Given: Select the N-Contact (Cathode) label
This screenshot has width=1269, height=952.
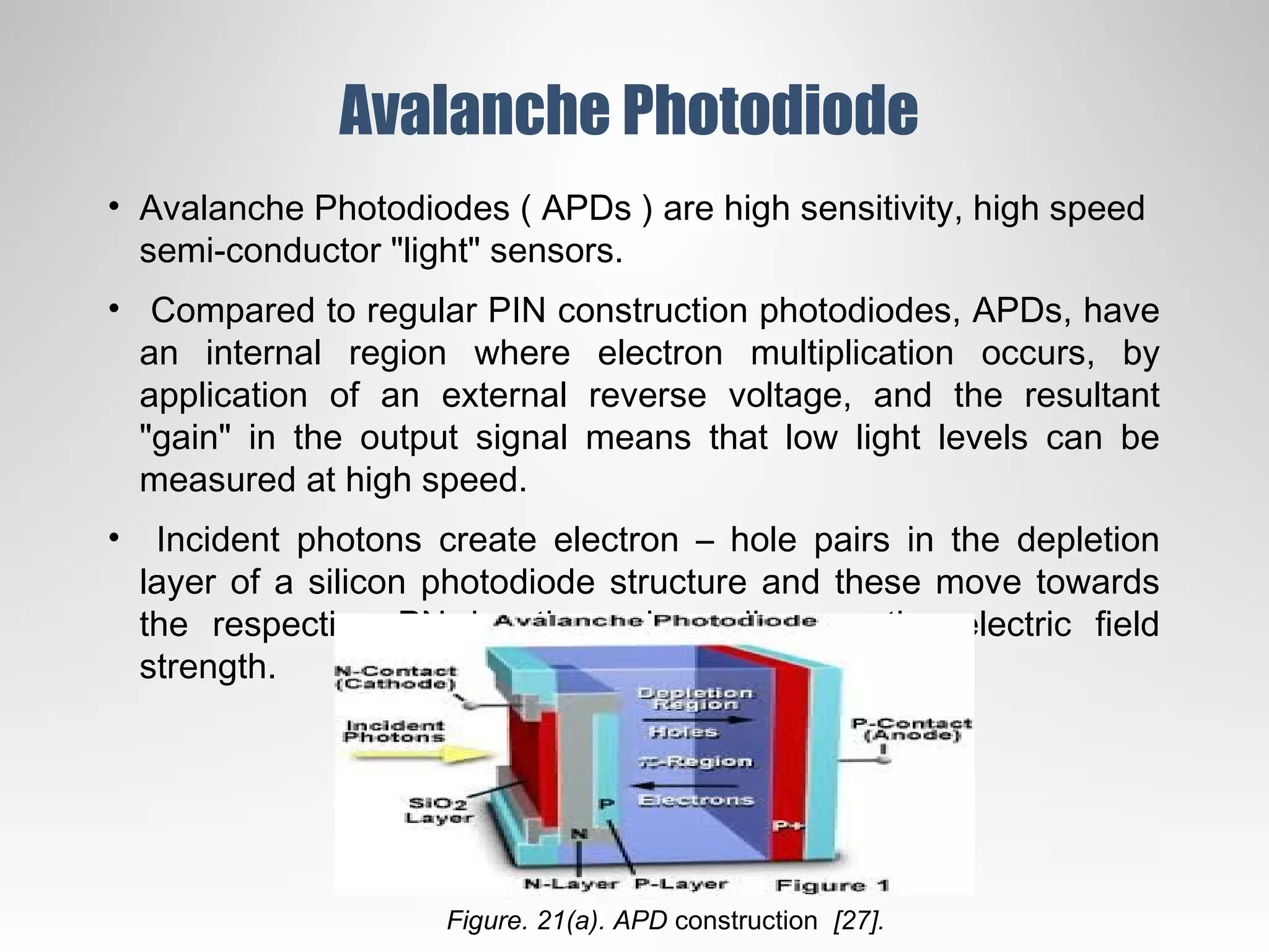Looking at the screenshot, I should click(x=395, y=677).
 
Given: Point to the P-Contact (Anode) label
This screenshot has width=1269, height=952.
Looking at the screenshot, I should click(x=911, y=729).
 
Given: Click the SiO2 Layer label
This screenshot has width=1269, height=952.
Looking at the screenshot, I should click(x=438, y=810).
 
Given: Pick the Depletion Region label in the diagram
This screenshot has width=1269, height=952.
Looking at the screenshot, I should click(x=695, y=699).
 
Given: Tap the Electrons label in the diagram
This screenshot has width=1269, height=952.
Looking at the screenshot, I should click(x=695, y=801).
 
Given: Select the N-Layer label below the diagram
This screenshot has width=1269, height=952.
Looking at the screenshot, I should click(x=571, y=884).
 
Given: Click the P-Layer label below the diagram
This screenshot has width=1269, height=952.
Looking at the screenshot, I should click(x=681, y=884).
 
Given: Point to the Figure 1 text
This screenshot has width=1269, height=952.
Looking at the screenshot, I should click(x=832, y=885).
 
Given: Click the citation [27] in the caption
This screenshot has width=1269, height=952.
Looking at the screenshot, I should click(x=859, y=921).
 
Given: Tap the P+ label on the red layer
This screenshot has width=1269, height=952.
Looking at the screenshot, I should click(x=788, y=826).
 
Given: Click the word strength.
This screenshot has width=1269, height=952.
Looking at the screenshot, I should click(x=207, y=667).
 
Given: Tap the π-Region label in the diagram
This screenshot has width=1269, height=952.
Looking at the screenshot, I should click(x=695, y=762).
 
